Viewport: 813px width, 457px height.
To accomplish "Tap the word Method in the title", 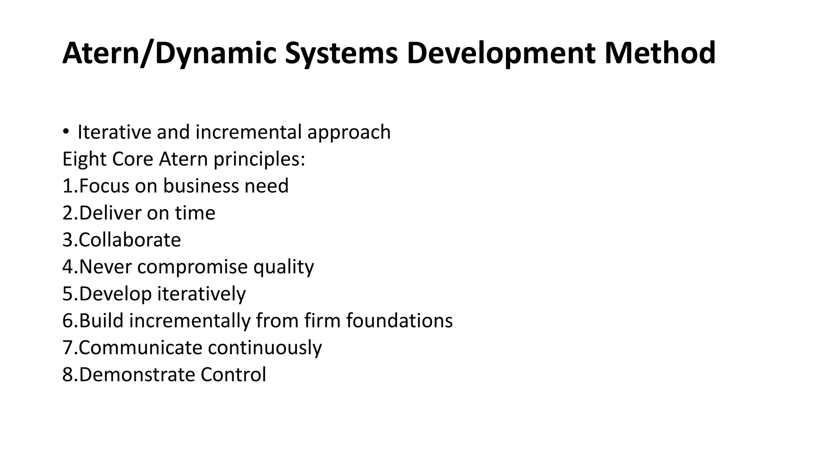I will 660,53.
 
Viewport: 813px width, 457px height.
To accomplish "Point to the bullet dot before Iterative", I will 66,132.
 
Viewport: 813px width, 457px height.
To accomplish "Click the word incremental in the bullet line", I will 249,132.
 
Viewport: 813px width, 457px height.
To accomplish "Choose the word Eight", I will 84,159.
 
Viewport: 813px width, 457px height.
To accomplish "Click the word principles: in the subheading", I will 259,159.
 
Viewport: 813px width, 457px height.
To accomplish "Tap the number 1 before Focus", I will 67,186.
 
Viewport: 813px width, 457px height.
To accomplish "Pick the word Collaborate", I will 130,240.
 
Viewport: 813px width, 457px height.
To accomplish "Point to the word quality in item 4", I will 283,267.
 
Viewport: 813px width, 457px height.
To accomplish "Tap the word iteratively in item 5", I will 202,294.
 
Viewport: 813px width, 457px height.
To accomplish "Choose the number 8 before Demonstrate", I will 67,374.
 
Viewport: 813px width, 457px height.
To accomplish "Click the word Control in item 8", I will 233,374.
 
